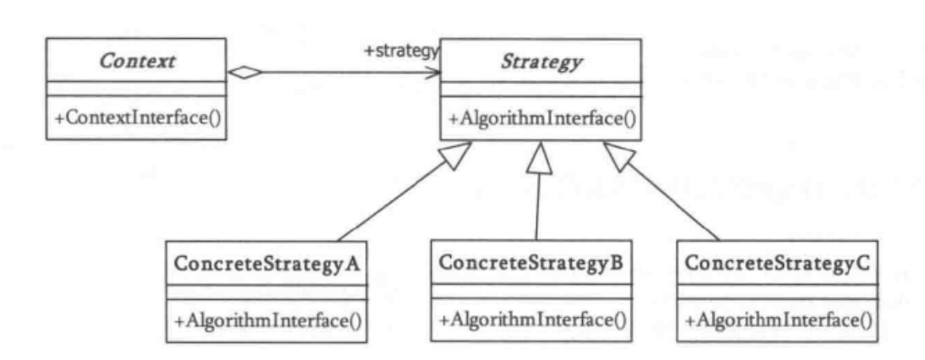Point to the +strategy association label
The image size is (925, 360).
(401, 51)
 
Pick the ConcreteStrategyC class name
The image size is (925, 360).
(775, 262)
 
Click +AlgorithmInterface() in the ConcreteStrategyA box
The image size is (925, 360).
(268, 320)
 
